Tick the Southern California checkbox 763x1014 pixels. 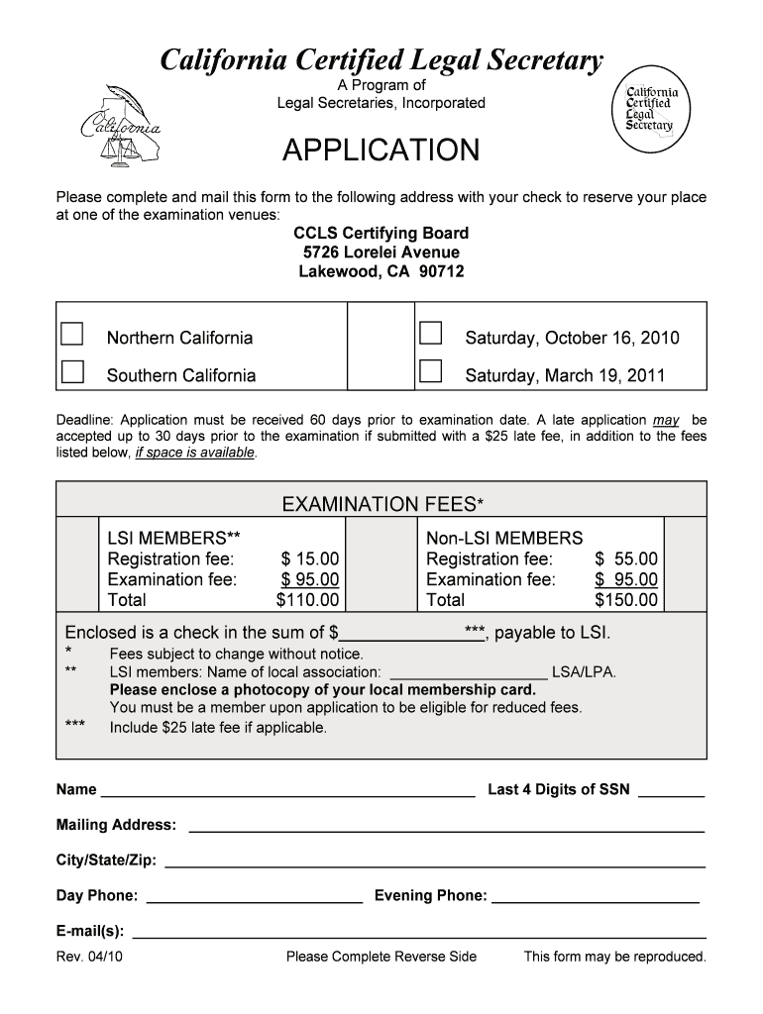click(x=72, y=371)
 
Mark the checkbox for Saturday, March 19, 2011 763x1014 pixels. click(x=430, y=371)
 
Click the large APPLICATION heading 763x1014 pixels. click(x=381, y=152)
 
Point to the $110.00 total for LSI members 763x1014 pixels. click(x=307, y=600)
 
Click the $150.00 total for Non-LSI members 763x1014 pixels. click(x=625, y=600)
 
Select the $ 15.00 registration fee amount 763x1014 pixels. click(x=310, y=558)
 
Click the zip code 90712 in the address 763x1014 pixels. click(x=442, y=271)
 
